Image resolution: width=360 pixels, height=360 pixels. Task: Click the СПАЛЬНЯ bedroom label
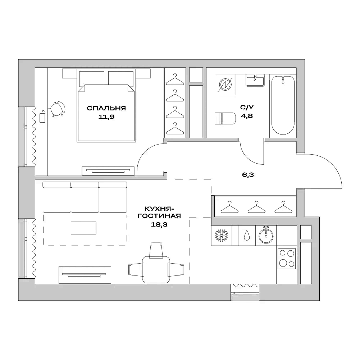106,108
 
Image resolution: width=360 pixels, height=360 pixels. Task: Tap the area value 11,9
106,117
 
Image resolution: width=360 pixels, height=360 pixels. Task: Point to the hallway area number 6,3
246,176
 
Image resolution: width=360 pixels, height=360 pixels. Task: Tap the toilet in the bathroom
225,119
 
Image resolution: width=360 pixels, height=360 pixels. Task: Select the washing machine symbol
225,85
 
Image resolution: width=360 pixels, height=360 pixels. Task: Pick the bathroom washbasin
255,81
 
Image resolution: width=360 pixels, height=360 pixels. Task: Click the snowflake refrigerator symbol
221,236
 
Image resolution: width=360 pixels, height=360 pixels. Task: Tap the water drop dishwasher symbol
247,236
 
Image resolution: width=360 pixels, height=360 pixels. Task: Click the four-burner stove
287,259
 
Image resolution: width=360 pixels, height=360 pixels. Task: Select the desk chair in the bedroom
58,108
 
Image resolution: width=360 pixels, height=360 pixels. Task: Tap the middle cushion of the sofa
85,197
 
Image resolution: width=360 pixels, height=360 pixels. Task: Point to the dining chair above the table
156,249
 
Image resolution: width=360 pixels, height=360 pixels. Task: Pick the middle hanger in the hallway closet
255,207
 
